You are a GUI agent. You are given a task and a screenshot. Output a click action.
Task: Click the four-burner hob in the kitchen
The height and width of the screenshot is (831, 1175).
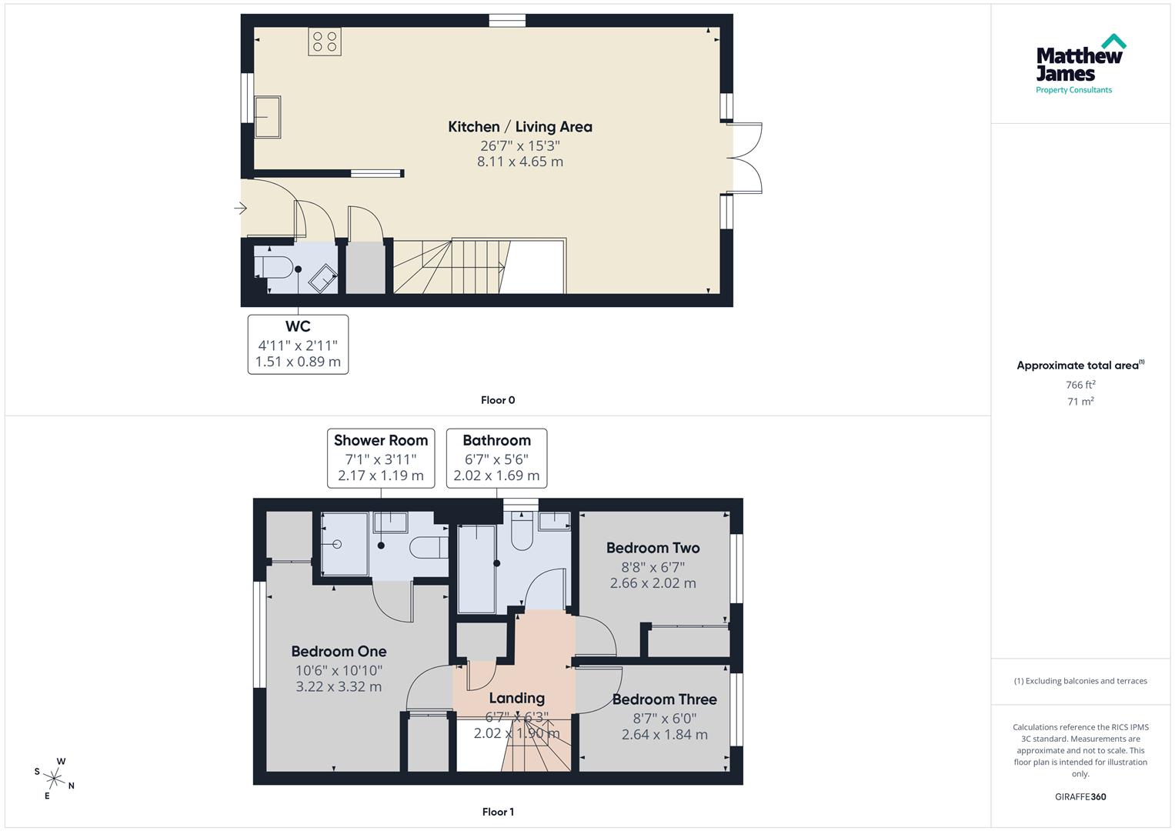click(324, 41)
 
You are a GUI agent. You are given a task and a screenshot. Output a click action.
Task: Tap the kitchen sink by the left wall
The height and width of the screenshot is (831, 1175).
click(267, 116)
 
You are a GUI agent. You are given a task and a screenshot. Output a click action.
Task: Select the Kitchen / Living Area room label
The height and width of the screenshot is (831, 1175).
click(520, 127)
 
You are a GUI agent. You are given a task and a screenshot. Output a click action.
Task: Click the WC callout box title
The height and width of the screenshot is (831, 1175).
click(298, 326)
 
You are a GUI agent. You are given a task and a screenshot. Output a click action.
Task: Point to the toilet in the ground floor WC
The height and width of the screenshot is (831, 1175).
click(274, 268)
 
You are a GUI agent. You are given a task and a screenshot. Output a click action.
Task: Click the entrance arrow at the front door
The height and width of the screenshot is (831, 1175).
click(241, 208)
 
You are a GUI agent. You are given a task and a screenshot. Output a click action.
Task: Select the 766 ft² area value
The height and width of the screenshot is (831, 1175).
click(1080, 385)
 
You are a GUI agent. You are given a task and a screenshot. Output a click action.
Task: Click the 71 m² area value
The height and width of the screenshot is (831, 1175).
click(1080, 402)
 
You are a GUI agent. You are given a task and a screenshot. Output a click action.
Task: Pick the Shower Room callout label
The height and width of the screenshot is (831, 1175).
click(381, 441)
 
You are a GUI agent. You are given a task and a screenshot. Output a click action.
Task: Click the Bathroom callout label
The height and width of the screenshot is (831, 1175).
click(496, 441)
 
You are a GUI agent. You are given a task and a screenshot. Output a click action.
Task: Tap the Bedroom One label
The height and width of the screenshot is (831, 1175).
click(339, 652)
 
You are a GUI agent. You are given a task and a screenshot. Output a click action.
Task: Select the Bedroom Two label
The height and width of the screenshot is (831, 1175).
click(653, 548)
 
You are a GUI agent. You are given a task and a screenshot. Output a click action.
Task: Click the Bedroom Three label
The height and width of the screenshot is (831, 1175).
click(664, 699)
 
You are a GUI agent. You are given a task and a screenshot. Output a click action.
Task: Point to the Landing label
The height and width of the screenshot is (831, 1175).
click(516, 698)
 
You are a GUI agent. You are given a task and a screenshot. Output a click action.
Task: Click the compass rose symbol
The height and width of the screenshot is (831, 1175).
click(55, 778)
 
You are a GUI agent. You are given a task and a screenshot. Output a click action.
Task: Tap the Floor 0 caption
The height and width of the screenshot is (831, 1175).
click(498, 400)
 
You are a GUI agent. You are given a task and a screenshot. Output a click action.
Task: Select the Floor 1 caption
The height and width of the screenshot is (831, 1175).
click(498, 812)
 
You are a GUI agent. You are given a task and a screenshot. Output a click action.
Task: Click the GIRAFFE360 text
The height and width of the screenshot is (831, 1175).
click(1080, 797)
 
